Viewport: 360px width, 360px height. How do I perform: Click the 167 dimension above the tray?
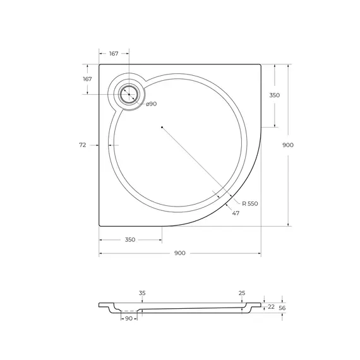(x=114, y=54)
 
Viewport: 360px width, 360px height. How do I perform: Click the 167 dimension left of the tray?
(x=87, y=79)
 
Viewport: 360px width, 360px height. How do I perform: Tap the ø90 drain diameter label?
(x=152, y=104)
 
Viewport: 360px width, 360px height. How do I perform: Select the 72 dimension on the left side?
(x=83, y=145)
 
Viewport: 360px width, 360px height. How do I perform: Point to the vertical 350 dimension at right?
(x=275, y=95)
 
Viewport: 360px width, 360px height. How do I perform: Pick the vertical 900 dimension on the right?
(x=288, y=145)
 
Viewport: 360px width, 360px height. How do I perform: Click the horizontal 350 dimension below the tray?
(x=129, y=240)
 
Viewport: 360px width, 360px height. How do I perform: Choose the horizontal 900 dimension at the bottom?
(x=179, y=253)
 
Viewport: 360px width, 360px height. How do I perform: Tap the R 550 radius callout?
(x=251, y=203)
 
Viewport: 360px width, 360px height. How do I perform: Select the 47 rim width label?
(x=236, y=214)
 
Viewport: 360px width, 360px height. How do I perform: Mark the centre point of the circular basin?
(x=162, y=128)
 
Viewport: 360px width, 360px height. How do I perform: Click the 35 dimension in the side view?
(x=142, y=294)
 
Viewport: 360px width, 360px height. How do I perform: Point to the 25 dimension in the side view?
(x=242, y=294)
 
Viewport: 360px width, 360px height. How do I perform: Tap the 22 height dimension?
(x=270, y=306)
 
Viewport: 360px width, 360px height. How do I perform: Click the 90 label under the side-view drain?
(x=129, y=319)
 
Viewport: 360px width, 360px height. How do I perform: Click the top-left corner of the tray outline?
(x=100, y=64)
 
